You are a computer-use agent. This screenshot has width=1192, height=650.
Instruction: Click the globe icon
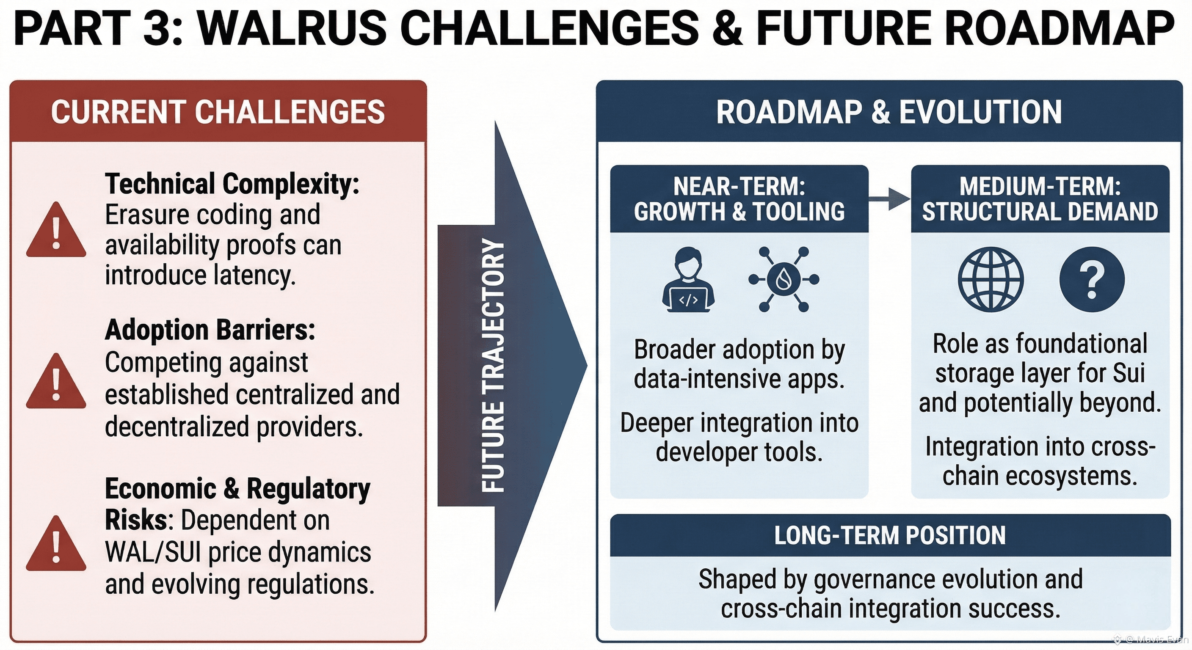991,279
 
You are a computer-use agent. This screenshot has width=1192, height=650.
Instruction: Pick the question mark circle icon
1092,279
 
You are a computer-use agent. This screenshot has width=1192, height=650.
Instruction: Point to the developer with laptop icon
688,279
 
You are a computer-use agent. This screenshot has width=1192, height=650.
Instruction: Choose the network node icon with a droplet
784,279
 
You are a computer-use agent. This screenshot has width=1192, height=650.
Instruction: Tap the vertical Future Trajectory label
493,366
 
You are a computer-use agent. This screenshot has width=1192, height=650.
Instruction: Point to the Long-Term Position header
890,535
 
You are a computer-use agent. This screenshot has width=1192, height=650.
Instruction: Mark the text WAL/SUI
153,552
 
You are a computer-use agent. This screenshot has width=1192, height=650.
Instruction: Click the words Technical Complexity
232,184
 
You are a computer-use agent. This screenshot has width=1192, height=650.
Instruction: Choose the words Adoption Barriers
210,331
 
